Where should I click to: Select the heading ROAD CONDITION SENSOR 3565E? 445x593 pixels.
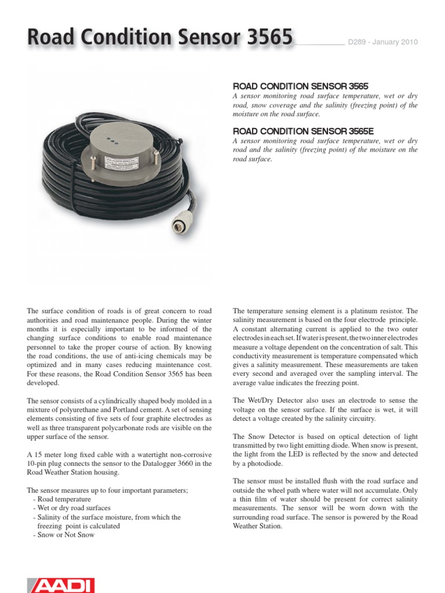tap(304, 131)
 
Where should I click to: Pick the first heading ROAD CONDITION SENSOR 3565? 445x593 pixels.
tap(300, 85)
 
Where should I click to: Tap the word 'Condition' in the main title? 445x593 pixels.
tap(122, 38)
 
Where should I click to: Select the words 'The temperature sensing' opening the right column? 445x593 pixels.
tap(272, 312)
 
